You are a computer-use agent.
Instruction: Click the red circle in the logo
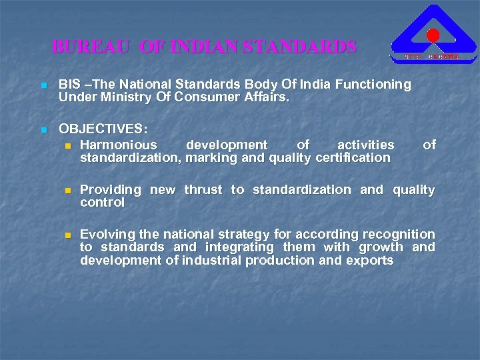433,35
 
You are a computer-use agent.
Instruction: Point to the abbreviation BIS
70,85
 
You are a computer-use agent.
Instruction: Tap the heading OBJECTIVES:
103,128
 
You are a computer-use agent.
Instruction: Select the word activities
365,145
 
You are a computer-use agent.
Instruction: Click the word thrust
203,190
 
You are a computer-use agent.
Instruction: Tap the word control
102,203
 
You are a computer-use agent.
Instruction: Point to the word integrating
227,247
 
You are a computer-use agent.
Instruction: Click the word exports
370,260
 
